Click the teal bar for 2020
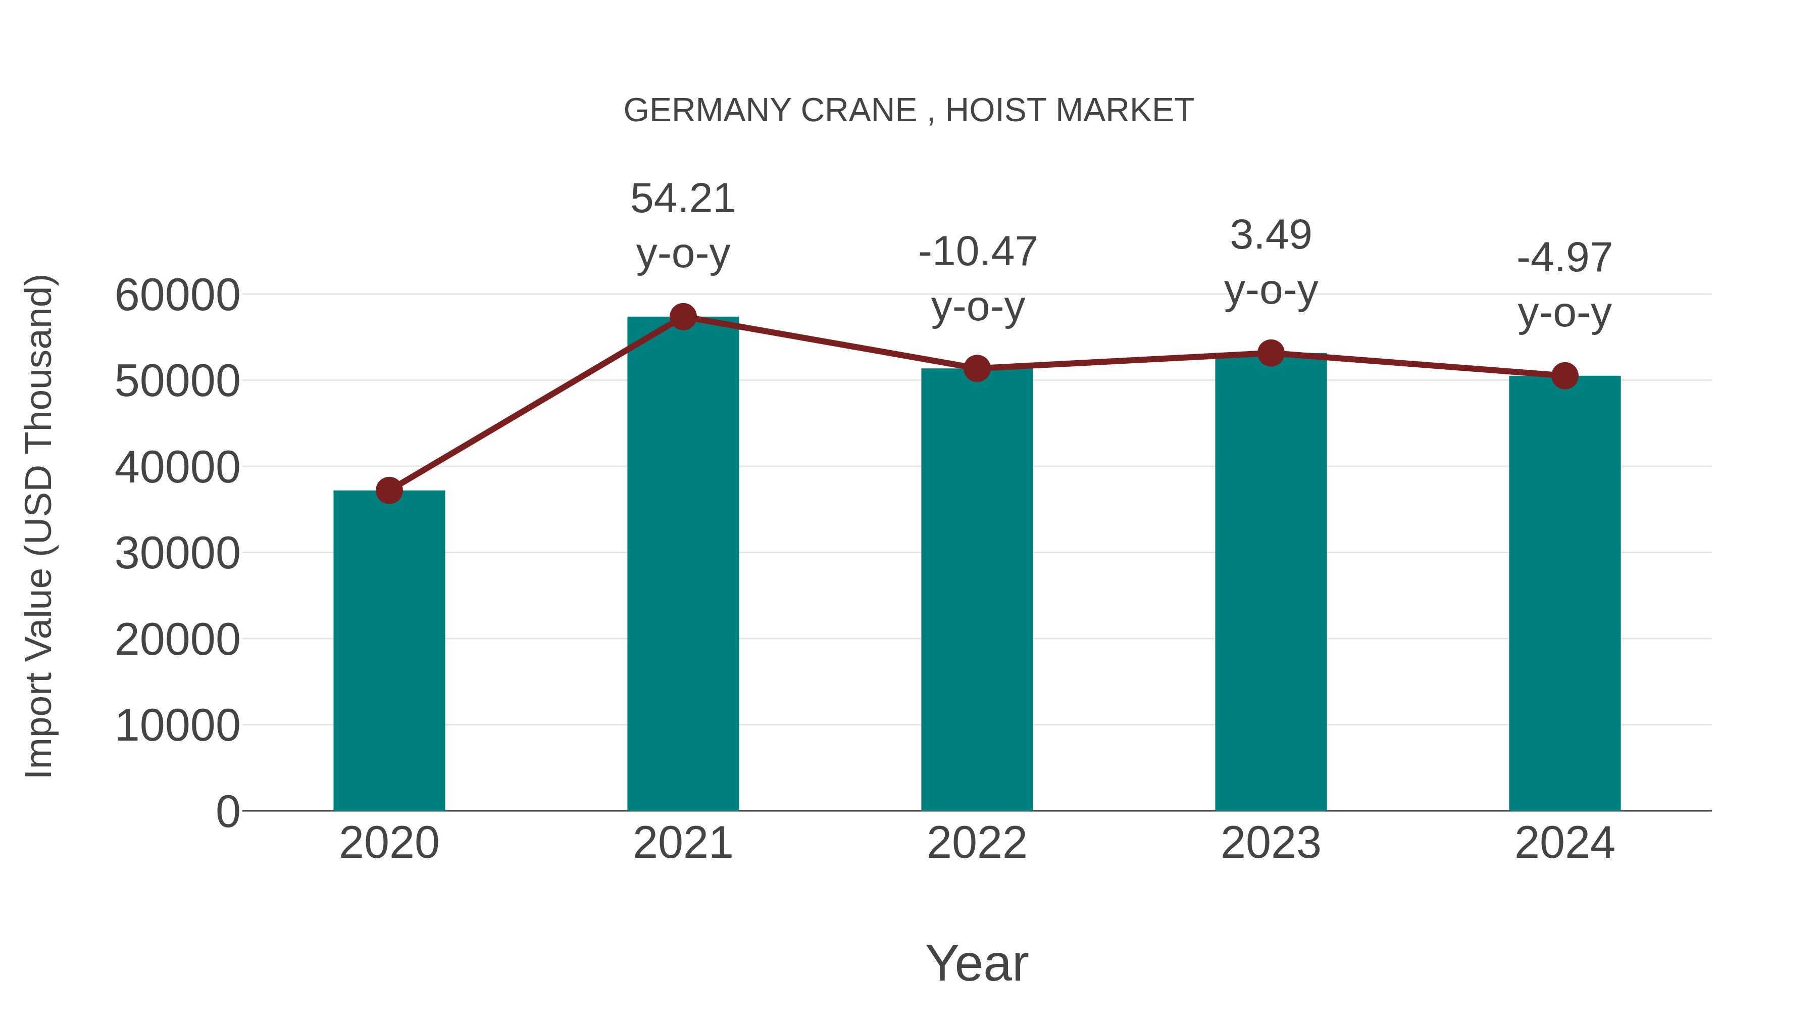pyautogui.click(x=389, y=650)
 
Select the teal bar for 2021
pyautogui.click(x=682, y=565)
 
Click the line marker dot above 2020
pyautogui.click(x=389, y=490)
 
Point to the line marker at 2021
pyautogui.click(x=682, y=316)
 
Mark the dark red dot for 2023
pyautogui.click(x=1271, y=353)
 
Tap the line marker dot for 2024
pyautogui.click(x=1564, y=375)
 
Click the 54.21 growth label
pyautogui.click(x=682, y=199)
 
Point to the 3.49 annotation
pyautogui.click(x=1271, y=235)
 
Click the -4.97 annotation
pyautogui.click(x=1564, y=258)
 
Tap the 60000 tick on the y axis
pyautogui.click(x=177, y=295)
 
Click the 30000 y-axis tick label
pyautogui.click(x=177, y=554)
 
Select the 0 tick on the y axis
pyautogui.click(x=228, y=811)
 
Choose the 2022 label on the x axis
pyautogui.click(x=977, y=843)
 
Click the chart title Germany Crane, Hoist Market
pyautogui.click(x=908, y=111)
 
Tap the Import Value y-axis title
pyautogui.click(x=39, y=526)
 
